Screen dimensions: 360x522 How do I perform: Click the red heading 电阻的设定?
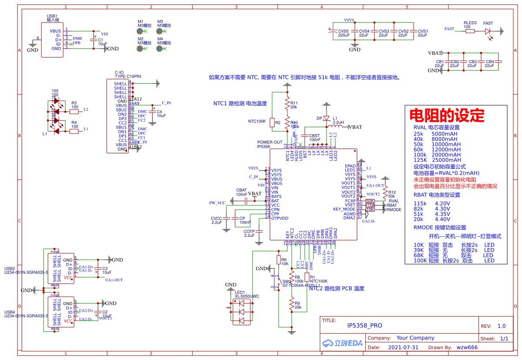point(447,115)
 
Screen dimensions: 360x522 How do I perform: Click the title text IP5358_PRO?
point(364,326)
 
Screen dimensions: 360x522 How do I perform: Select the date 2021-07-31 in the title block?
point(403,347)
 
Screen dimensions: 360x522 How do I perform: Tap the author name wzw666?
point(467,347)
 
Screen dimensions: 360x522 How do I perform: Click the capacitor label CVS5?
point(344,31)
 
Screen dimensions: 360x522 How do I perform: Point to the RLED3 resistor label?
point(470,23)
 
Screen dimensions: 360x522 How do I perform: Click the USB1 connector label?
point(52,16)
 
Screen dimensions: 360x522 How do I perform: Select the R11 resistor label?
point(294,103)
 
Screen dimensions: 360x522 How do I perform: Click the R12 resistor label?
point(392,192)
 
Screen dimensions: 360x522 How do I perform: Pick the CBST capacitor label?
point(314,136)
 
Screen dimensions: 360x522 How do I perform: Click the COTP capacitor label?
point(249,232)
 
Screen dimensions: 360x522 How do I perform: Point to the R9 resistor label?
point(297,303)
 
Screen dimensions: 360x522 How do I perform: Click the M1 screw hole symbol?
point(140,21)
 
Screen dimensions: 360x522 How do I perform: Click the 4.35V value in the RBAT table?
point(442,214)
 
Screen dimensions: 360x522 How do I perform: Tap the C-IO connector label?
point(119,72)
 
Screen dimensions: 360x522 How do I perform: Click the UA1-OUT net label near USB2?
point(114,280)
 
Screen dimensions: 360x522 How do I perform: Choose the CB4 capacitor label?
point(490,62)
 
